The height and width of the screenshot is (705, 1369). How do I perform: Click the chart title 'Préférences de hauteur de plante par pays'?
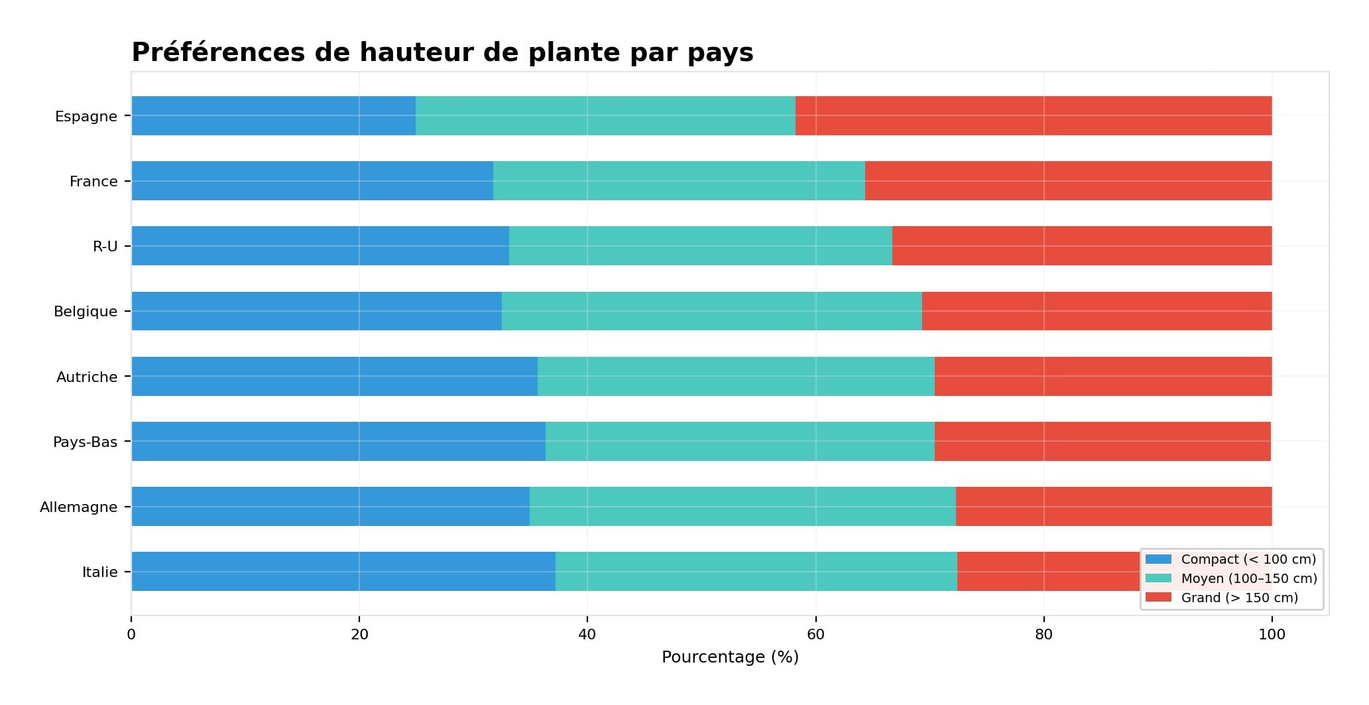[442, 52]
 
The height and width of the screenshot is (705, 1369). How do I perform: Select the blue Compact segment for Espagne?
[273, 116]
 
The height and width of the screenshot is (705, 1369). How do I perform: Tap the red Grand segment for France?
[1068, 181]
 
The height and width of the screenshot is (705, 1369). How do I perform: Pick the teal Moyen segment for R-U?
[700, 246]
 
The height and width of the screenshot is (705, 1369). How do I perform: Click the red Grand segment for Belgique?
[1097, 311]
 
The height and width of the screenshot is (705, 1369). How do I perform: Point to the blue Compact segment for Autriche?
[334, 377]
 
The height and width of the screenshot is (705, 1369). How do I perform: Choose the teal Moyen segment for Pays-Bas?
[740, 442]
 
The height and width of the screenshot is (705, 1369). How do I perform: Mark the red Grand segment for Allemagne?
[1114, 507]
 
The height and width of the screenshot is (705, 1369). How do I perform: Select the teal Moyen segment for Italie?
[756, 572]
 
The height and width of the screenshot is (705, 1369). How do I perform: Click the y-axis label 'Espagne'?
[86, 117]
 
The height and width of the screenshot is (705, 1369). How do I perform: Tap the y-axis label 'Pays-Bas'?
[85, 442]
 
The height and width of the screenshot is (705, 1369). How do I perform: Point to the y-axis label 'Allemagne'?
[78, 507]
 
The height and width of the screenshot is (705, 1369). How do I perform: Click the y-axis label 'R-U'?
[105, 247]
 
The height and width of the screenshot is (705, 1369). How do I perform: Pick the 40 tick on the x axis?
[587, 635]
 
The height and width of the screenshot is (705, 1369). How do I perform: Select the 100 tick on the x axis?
[1272, 635]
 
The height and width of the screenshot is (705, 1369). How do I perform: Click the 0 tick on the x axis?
[131, 635]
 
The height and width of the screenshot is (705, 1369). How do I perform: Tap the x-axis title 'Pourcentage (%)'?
[730, 657]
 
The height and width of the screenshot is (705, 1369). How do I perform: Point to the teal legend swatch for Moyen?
[1158, 578]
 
